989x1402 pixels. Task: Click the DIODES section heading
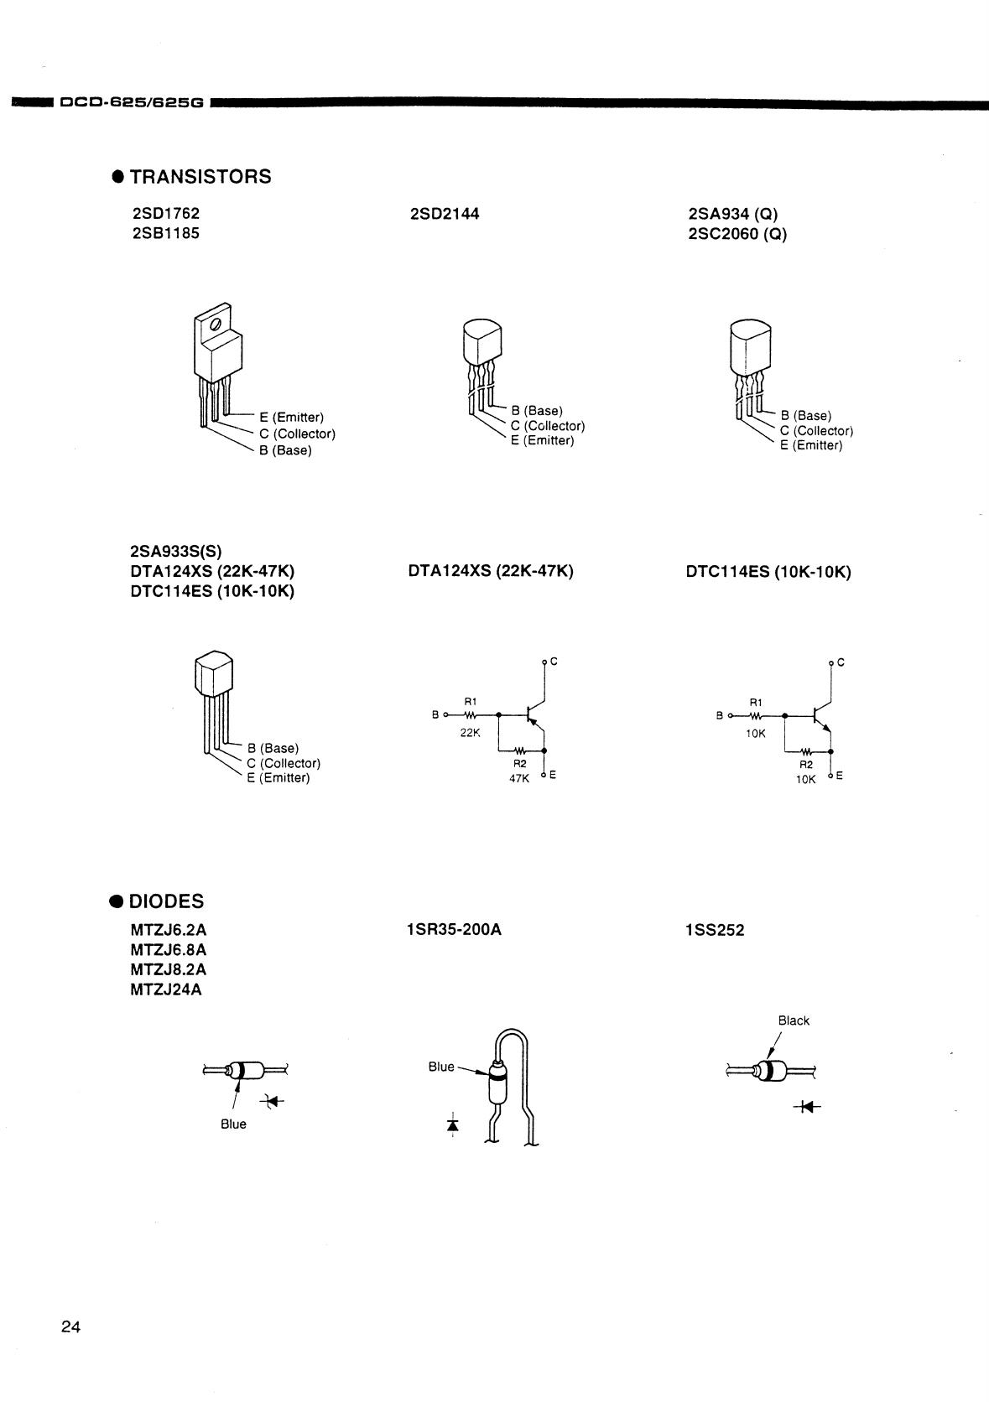pyautogui.click(x=166, y=901)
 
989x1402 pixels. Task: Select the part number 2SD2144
pyautogui.click(x=445, y=214)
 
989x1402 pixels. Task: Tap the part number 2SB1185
pyautogui.click(x=165, y=233)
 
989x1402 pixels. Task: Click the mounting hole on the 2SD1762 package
pyautogui.click(x=216, y=324)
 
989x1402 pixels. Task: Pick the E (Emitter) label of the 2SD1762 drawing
pyautogui.click(x=291, y=417)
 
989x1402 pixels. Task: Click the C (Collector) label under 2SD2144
pyautogui.click(x=548, y=426)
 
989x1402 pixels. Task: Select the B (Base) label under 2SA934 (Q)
pyautogui.click(x=806, y=416)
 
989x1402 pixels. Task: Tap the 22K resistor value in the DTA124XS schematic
pyautogui.click(x=470, y=732)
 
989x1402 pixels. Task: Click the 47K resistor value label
pyautogui.click(x=519, y=778)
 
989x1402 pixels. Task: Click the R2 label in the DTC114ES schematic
pyautogui.click(x=805, y=765)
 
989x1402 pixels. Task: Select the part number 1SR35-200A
pyautogui.click(x=454, y=930)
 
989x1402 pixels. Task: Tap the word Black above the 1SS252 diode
pyautogui.click(x=794, y=1020)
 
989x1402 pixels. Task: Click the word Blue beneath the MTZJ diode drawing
pyautogui.click(x=233, y=1124)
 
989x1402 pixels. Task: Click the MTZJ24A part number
pyautogui.click(x=166, y=989)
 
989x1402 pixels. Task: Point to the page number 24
pyautogui.click(x=70, y=1327)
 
